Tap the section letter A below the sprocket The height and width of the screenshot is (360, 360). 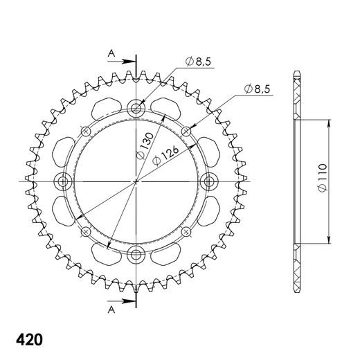[x=110, y=312]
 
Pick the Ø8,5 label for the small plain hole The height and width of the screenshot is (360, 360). [x=258, y=88]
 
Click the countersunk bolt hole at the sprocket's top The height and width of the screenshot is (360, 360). [x=136, y=107]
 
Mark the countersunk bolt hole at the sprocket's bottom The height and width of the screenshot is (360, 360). [x=136, y=253]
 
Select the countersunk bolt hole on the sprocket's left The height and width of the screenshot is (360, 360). [x=64, y=181]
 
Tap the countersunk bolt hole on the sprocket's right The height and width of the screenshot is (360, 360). [x=209, y=181]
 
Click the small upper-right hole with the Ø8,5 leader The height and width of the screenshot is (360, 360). [x=187, y=130]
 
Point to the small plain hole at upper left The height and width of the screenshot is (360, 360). [x=85, y=130]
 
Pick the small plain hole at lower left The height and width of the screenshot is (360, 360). [x=85, y=231]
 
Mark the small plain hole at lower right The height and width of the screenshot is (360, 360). [x=187, y=231]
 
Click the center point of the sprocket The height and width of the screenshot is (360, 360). [x=136, y=181]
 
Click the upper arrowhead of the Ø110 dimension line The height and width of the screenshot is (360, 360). [x=327, y=122]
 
